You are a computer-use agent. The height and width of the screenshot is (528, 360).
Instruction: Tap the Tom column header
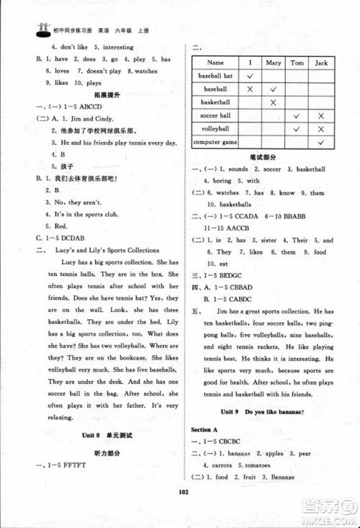[296, 63]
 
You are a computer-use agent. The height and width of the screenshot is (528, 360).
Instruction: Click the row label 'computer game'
[215, 143]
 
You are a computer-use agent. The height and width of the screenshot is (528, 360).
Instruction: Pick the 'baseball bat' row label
[215, 76]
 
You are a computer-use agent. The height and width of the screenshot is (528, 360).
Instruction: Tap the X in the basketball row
[272, 102]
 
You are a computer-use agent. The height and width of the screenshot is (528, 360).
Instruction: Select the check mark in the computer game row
[321, 143]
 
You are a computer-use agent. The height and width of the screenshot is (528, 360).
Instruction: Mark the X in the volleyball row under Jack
[321, 129]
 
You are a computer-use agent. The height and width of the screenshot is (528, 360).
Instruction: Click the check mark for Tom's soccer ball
[296, 115]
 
